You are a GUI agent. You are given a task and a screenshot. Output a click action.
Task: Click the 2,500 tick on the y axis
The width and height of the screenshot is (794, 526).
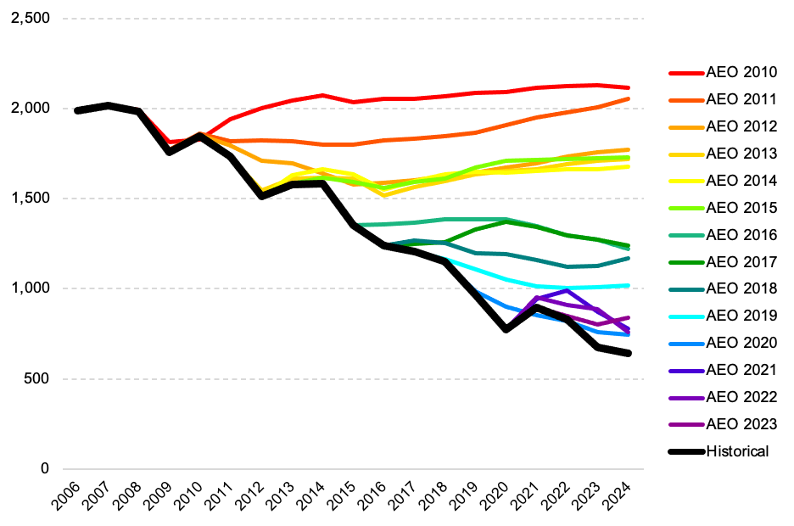point(31,19)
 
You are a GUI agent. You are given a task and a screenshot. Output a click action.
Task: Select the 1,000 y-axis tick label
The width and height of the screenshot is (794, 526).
point(31,288)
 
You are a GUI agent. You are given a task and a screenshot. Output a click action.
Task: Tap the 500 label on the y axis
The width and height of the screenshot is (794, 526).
point(37,378)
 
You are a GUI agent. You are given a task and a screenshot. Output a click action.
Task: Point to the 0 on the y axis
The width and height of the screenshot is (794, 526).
point(46,469)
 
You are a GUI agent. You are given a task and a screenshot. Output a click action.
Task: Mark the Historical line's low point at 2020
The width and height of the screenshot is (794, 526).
point(506,329)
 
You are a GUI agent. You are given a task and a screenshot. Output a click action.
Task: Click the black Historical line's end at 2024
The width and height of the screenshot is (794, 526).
point(629,353)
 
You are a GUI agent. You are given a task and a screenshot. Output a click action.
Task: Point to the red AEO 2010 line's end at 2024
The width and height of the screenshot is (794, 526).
point(629,87)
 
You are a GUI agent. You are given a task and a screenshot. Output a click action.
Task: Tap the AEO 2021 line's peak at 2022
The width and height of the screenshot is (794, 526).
point(568,290)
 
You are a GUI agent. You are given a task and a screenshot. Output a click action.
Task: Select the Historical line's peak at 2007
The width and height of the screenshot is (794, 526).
point(108,105)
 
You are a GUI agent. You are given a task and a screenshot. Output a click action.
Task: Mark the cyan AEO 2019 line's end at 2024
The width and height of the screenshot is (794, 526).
point(629,285)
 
